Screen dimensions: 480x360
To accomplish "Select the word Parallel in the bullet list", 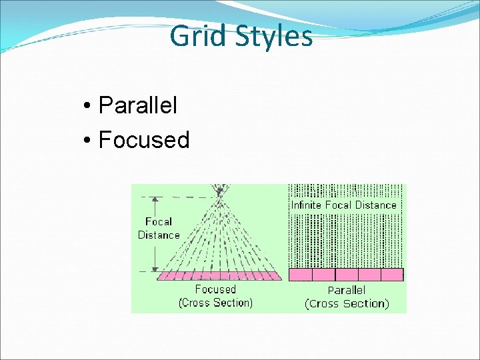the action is coord(137,105).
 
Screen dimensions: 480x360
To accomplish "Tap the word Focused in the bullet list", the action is coord(143,140).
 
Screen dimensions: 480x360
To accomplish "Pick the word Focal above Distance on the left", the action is coord(159,221).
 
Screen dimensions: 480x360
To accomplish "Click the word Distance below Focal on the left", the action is coord(159,235).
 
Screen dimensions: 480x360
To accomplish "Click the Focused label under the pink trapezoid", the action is coord(215,289).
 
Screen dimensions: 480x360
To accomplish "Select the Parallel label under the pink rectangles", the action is coord(346,290).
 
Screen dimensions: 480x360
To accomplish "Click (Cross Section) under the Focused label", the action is coord(215,303).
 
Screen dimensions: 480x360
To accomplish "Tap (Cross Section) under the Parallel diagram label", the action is coord(346,303).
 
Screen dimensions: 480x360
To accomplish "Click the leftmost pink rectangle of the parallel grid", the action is coord(300,275).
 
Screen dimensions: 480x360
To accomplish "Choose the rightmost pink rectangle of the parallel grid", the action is coord(391,275).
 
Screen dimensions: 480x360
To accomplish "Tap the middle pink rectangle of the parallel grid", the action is coord(346,275).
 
